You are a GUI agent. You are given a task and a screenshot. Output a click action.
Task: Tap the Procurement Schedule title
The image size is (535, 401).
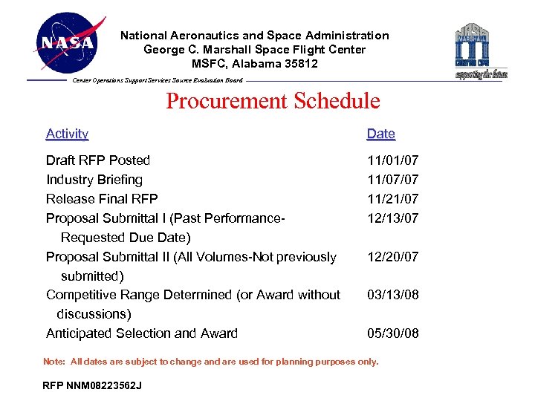[x=273, y=101]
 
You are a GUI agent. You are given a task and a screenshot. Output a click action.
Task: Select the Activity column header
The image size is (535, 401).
[x=67, y=134]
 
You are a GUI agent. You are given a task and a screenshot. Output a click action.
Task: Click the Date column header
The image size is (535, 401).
[x=380, y=134]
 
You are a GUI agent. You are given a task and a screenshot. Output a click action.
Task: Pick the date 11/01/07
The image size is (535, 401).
[x=392, y=160]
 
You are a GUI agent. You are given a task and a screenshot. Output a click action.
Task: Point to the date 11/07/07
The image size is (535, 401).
[x=392, y=180]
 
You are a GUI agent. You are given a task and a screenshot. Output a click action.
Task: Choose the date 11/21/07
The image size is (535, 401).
[x=392, y=199]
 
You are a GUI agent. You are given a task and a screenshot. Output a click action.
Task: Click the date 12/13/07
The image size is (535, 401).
[x=392, y=218]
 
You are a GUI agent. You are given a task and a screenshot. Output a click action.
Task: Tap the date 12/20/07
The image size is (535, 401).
[x=392, y=257]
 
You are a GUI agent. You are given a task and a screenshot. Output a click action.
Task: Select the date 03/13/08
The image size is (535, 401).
[x=392, y=295]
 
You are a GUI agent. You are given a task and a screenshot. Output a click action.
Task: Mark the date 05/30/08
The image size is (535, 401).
[x=392, y=333]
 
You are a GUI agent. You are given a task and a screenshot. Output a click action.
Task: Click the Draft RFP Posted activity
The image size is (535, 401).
[x=98, y=160]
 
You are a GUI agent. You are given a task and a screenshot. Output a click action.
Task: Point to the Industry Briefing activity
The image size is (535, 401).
[x=94, y=180]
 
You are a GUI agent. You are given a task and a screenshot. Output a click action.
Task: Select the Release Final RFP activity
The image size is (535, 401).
[x=102, y=199]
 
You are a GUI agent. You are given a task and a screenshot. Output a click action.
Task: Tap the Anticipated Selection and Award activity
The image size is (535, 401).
[x=142, y=333]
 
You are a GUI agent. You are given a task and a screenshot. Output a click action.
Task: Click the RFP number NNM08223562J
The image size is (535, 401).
[x=92, y=386]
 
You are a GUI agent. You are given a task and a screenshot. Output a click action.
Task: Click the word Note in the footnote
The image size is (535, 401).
[x=53, y=362]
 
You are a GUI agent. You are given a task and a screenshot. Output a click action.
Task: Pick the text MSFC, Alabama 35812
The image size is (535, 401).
[x=255, y=64]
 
